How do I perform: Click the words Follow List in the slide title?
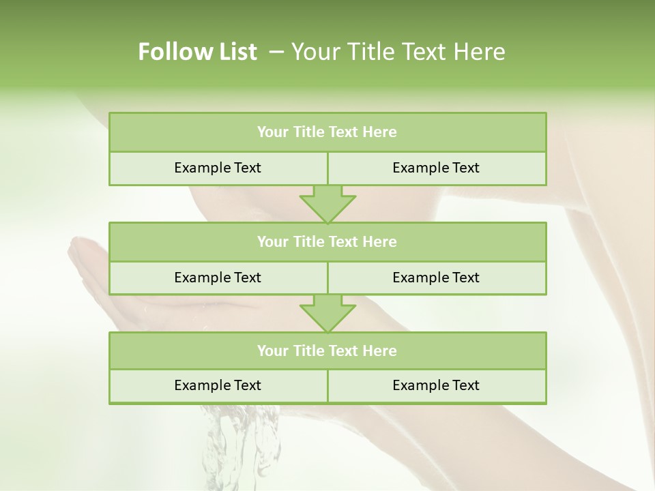click(197, 52)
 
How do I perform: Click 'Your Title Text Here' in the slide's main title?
click(398, 52)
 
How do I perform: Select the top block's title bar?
click(327, 132)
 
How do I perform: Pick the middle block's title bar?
click(327, 241)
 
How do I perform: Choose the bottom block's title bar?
click(327, 351)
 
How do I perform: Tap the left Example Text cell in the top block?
click(218, 168)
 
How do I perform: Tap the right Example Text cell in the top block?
click(436, 168)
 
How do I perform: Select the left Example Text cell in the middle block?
click(218, 278)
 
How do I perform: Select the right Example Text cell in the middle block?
click(436, 278)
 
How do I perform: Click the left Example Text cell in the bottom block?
click(218, 385)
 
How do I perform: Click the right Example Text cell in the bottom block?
click(436, 385)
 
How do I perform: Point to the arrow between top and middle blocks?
click(327, 204)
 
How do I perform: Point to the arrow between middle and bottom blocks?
click(327, 313)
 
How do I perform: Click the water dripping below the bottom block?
click(239, 443)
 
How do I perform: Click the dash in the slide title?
click(276, 52)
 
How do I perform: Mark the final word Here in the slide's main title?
click(482, 52)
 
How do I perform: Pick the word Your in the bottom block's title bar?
click(273, 351)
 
